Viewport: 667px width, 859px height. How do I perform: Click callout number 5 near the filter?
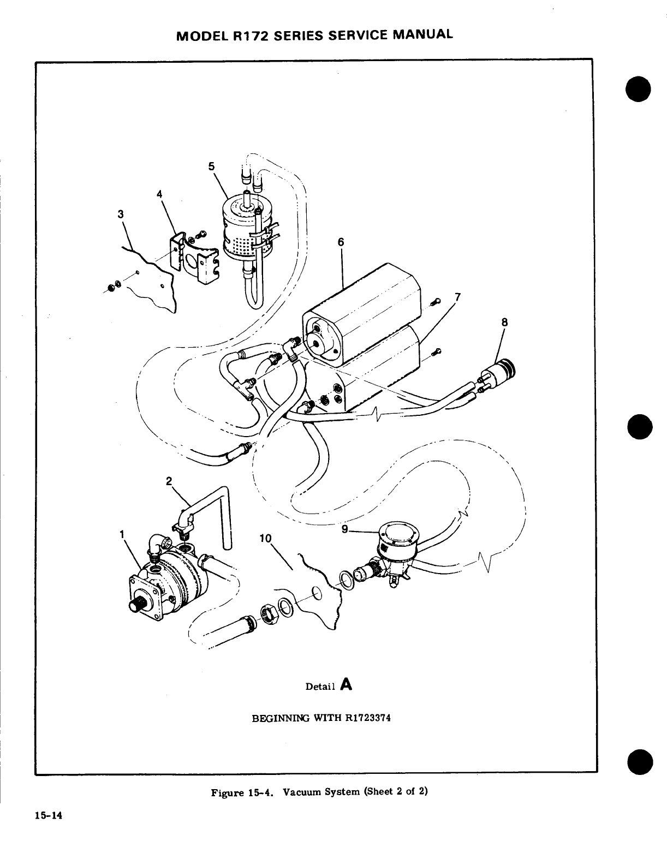click(212, 166)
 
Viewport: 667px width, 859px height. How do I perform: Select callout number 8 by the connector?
click(504, 323)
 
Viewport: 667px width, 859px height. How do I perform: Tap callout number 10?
click(265, 538)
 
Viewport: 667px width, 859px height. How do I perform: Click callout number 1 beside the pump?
click(121, 534)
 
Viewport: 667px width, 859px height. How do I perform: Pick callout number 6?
click(341, 242)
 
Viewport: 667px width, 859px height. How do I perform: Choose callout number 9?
click(344, 528)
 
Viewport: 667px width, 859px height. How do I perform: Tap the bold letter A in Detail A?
click(346, 684)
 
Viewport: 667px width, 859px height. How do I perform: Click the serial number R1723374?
click(368, 718)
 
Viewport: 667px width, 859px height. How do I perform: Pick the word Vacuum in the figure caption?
click(306, 792)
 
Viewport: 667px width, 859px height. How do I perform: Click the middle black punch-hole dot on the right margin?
click(641, 426)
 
